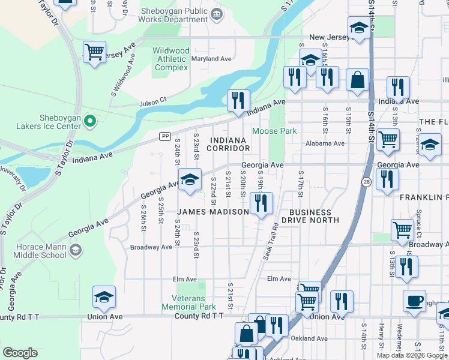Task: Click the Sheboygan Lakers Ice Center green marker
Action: pyautogui.click(x=90, y=121)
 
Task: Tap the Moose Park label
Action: pyautogui.click(x=275, y=131)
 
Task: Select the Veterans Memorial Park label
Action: pyautogui.click(x=187, y=302)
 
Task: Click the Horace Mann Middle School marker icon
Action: pyautogui.click(x=76, y=249)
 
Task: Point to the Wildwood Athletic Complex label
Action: pyautogui.click(x=171, y=59)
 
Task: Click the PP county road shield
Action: pyautogui.click(x=164, y=137)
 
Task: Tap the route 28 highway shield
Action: pyautogui.click(x=366, y=181)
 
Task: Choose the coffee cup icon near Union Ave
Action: pyautogui.click(x=414, y=301)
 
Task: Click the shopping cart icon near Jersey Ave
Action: pyautogui.click(x=95, y=53)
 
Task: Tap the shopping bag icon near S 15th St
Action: pyautogui.click(x=357, y=80)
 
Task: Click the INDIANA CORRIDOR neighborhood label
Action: pyautogui.click(x=228, y=144)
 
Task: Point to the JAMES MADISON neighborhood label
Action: pyautogui.click(x=212, y=212)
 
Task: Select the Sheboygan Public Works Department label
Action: pyautogui.click(x=173, y=15)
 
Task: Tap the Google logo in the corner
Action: pyautogui.click(x=20, y=353)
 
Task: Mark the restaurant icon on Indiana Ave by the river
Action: pyautogui.click(x=238, y=100)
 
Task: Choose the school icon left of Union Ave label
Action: pyautogui.click(x=104, y=296)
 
